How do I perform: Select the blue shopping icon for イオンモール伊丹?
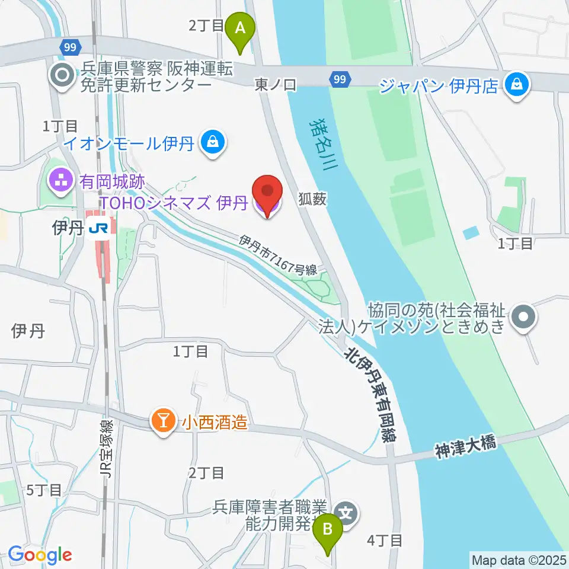coord(211,142)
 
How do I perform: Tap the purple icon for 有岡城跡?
coord(61,180)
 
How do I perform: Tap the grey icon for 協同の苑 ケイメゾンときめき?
coord(523,318)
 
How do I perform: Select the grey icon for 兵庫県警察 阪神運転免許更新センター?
coord(61,75)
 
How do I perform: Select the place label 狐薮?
coord(312,200)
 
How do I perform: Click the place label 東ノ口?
coord(275,85)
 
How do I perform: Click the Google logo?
coord(40,554)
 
